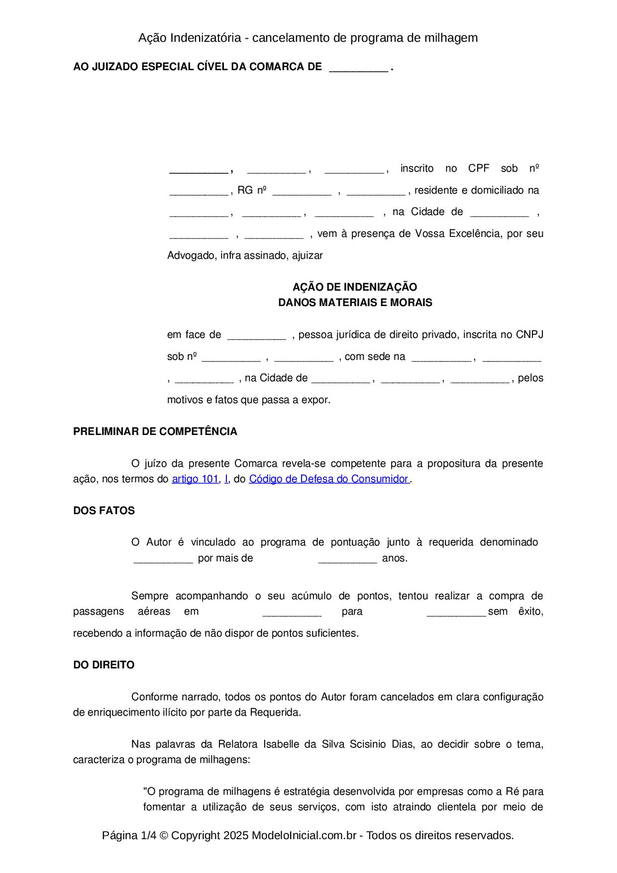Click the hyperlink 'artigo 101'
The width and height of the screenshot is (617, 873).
195,479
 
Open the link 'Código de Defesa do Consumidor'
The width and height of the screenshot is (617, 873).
328,479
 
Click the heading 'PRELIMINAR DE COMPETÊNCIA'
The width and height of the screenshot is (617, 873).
155,432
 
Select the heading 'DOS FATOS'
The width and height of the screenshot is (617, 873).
104,511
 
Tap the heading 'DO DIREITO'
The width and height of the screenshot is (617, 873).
104,665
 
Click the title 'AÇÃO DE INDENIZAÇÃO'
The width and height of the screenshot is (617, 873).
355,287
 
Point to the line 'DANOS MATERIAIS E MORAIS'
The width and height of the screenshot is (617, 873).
355,303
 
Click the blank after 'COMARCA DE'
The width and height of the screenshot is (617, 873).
358,68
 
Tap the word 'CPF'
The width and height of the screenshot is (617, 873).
479,168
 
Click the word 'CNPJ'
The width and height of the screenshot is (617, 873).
529,334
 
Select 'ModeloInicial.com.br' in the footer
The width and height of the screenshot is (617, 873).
304,835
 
